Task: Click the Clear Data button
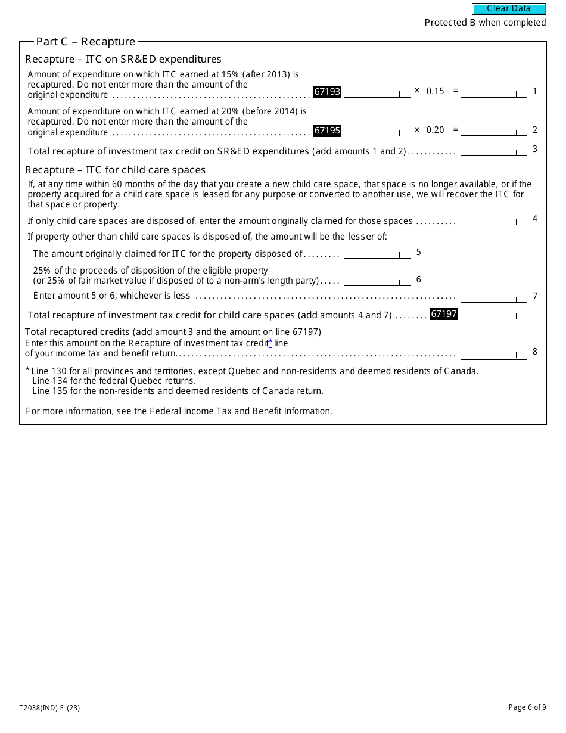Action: coord(509,9)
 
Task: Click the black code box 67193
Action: coord(327,92)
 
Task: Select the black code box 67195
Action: coord(327,131)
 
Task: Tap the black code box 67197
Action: coord(443,314)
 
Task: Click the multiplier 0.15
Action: coord(436,91)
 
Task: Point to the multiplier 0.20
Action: coord(436,130)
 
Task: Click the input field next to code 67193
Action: coord(377,92)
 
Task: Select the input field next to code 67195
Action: coord(377,131)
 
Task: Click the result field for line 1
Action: coord(493,92)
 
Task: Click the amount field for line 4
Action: coord(493,220)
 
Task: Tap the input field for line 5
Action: coord(377,253)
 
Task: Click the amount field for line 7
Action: coord(493,297)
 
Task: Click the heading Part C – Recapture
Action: coord(86,42)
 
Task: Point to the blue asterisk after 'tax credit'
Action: coord(270,343)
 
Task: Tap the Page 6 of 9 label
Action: coord(527,707)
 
